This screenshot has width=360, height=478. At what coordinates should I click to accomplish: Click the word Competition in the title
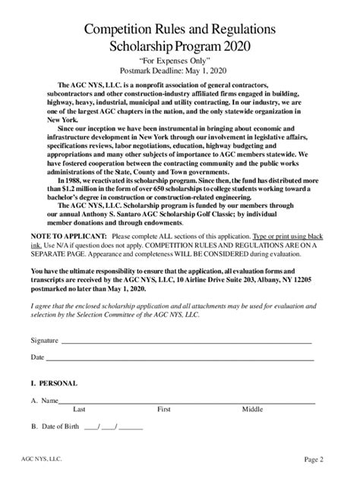(x=118, y=30)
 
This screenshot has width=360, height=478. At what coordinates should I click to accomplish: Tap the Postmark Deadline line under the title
(x=180, y=71)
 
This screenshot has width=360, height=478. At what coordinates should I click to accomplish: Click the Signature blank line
(x=186, y=341)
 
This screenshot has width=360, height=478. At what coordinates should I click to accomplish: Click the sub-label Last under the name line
(x=78, y=409)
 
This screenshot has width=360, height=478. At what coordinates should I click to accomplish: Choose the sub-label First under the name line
(x=163, y=409)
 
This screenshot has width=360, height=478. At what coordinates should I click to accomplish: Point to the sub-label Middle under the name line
(x=252, y=409)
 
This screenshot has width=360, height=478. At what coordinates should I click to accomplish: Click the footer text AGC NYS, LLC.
(x=43, y=459)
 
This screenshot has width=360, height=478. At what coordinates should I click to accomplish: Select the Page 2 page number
(x=314, y=459)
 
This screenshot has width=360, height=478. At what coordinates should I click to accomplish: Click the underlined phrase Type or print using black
(x=288, y=237)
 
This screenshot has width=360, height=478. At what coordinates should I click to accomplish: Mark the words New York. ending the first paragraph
(x=62, y=120)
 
